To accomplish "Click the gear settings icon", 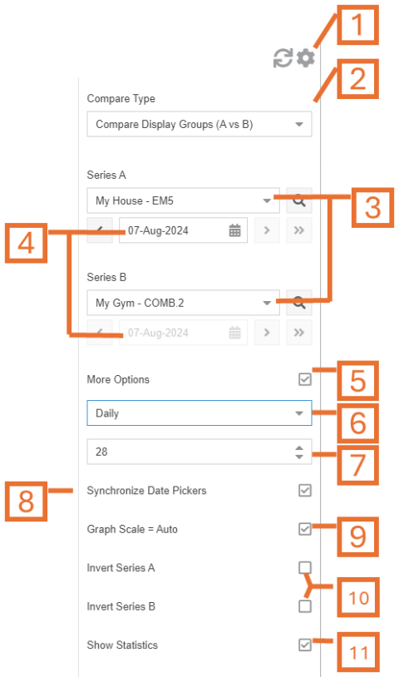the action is click(306, 58).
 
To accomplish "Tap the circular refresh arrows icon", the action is click(283, 58).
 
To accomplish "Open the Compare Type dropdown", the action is click(199, 125).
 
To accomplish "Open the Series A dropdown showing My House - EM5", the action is click(184, 200).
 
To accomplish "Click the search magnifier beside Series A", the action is click(299, 200).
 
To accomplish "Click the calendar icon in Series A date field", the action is click(234, 230).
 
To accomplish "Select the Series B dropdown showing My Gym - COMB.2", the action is click(184, 303).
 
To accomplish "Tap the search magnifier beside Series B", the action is click(299, 303).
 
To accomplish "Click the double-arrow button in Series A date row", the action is click(299, 230).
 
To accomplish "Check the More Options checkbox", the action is click(305, 379).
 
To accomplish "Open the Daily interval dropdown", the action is click(199, 413).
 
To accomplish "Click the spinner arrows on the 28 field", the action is click(299, 452).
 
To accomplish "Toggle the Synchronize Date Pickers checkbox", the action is click(305, 491).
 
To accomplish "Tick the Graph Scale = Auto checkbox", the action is click(305, 529).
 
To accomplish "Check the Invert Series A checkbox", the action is click(305, 567).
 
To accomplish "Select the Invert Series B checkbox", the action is click(305, 606).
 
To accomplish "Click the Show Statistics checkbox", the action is click(305, 645).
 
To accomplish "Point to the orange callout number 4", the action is click(26, 243).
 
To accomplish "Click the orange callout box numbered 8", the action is click(26, 502).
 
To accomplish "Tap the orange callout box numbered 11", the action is click(358, 652).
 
